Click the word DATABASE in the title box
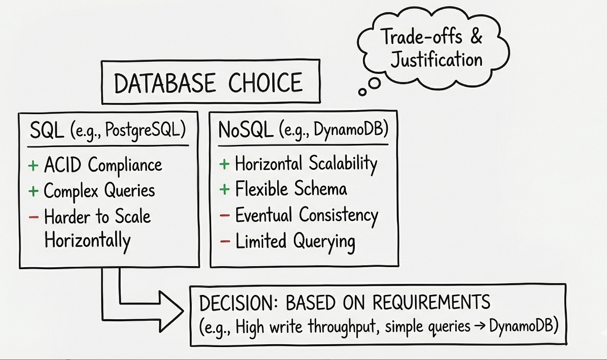(165, 83)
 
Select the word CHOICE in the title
(265, 83)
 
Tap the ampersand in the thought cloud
(476, 37)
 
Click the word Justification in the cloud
(436, 59)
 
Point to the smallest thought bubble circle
(363, 92)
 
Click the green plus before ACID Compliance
(33, 166)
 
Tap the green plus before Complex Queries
(33, 191)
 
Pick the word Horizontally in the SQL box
(87, 241)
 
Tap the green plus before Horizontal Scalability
(224, 164)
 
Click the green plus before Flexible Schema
(224, 189)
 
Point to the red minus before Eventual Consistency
(225, 215)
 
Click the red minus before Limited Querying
(225, 242)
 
